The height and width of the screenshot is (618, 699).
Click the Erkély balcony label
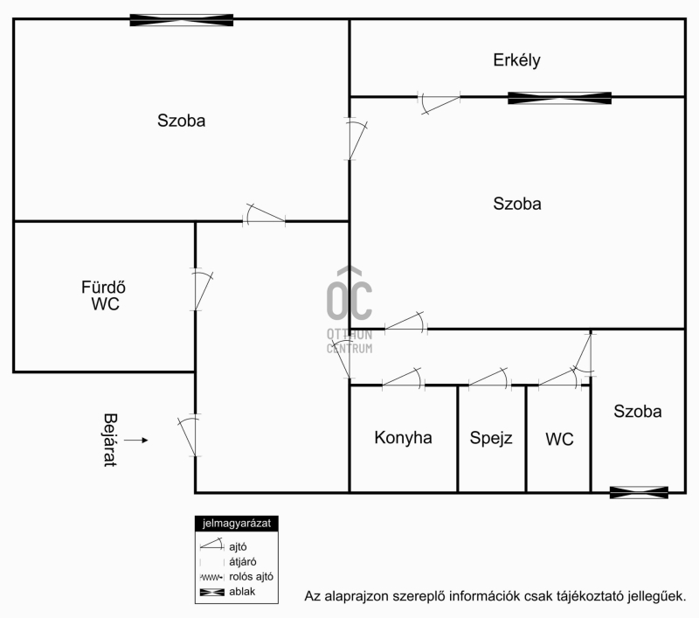(x=516, y=60)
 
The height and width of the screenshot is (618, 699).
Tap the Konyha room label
(x=403, y=437)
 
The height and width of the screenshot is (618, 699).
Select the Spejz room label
(x=491, y=438)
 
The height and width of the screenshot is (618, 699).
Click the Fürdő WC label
(x=103, y=295)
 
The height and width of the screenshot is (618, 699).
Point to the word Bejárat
(x=110, y=440)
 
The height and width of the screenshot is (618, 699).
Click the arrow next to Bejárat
(x=136, y=440)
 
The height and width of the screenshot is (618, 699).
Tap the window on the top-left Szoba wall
(x=182, y=20)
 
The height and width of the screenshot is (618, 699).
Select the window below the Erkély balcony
(x=559, y=98)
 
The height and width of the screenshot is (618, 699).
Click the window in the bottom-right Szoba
(x=639, y=492)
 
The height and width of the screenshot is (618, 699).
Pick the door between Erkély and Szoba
(x=439, y=102)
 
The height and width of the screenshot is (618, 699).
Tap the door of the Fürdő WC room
(x=202, y=289)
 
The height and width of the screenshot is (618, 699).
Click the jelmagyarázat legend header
(x=236, y=524)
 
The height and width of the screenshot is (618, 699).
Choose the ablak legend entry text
(x=242, y=592)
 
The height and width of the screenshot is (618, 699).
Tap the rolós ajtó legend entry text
(x=251, y=577)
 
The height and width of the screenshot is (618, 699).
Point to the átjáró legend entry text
(x=243, y=562)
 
